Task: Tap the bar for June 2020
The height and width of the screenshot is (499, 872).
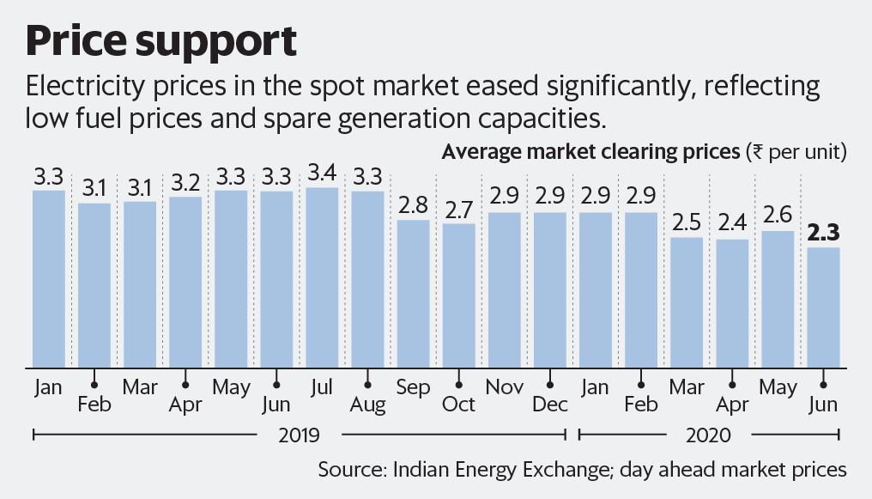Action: click(x=822, y=307)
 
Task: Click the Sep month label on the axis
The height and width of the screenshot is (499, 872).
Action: click(x=413, y=387)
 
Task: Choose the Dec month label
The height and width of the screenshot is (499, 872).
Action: click(x=549, y=405)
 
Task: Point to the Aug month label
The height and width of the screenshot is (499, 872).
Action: click(x=367, y=405)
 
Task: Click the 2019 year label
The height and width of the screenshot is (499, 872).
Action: click(x=299, y=435)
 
